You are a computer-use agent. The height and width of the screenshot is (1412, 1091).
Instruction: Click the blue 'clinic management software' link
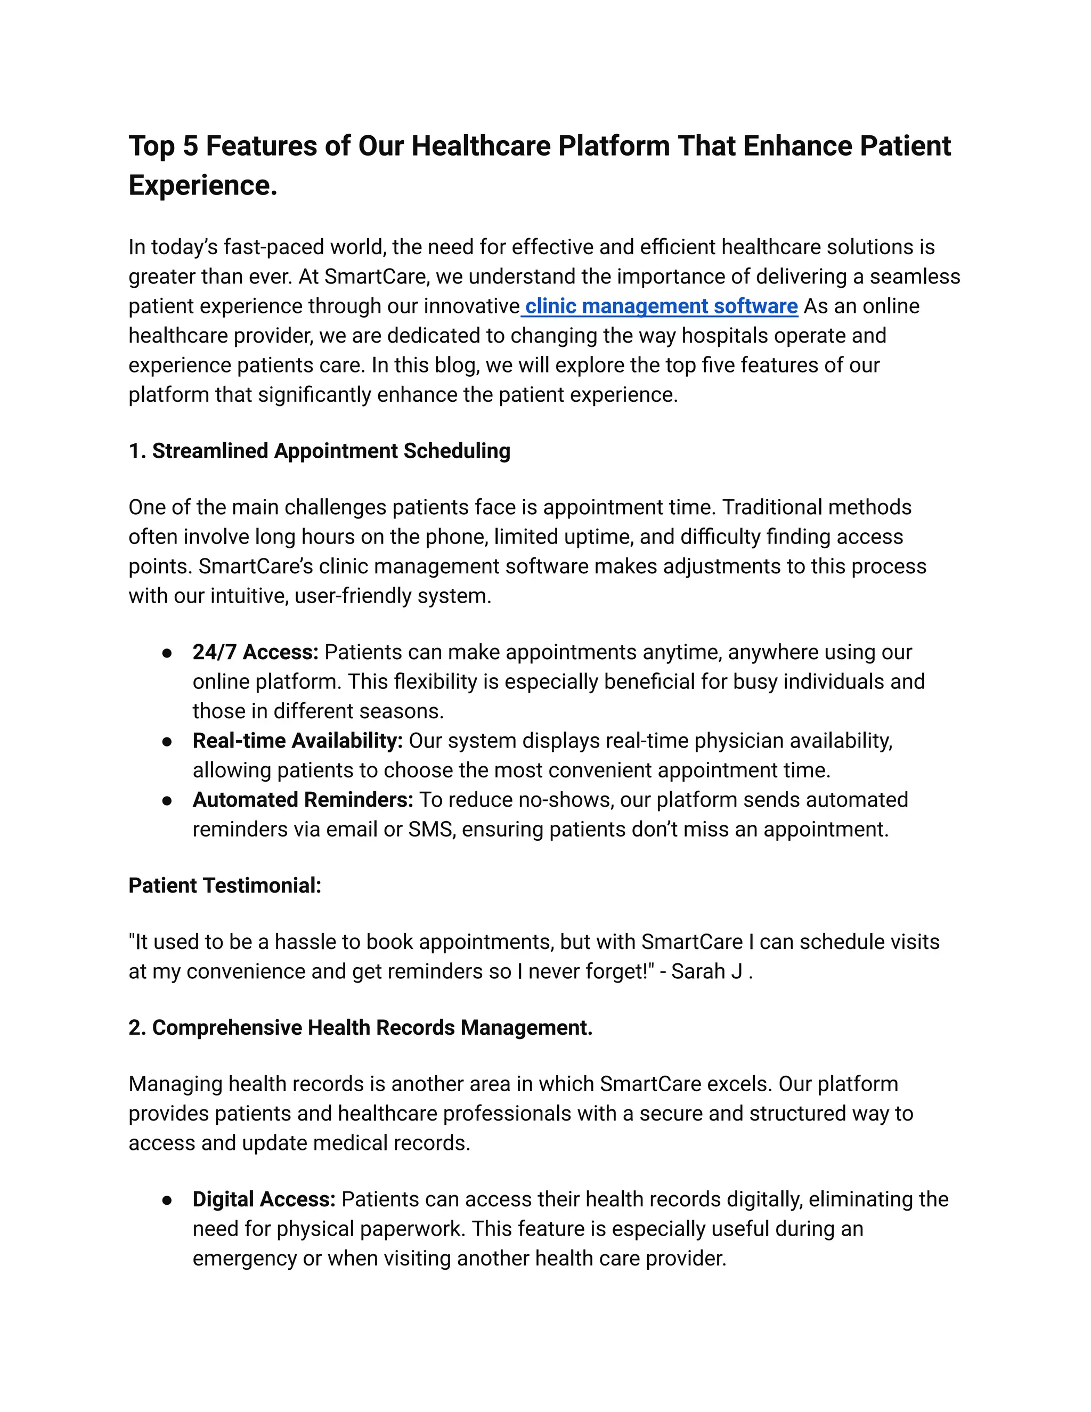coord(661,306)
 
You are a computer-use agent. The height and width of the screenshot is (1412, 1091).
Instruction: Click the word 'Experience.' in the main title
coord(203,185)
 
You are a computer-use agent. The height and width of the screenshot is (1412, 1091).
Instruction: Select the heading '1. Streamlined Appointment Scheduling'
coord(319,451)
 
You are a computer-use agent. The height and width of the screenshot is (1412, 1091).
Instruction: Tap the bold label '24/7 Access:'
coord(255,652)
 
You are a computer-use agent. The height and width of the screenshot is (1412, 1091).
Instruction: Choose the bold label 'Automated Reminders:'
coord(303,800)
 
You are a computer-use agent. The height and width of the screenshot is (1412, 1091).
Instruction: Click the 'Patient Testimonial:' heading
coord(225,885)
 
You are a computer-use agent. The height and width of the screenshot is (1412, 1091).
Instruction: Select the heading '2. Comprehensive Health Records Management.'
coord(360,1027)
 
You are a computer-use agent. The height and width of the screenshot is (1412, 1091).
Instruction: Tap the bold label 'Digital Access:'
coord(264,1199)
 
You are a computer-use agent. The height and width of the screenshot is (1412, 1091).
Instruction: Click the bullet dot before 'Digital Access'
coord(167,1200)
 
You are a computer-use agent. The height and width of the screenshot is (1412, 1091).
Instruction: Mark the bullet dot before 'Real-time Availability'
coord(167,742)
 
